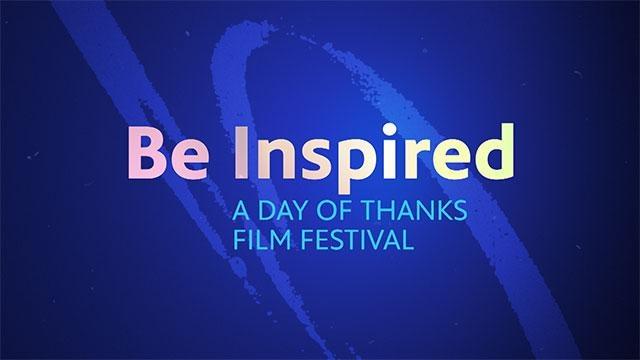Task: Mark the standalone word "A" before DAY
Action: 237,213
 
